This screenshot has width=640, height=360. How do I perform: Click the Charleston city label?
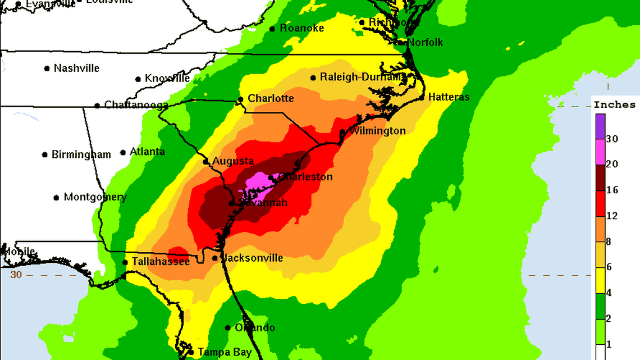[x=306, y=177]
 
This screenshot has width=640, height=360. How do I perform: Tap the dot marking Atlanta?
[x=123, y=153]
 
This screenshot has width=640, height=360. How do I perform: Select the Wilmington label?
[x=377, y=131]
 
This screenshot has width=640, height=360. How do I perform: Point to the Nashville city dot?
[x=47, y=69]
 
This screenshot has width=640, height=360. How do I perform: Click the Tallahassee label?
[x=161, y=262]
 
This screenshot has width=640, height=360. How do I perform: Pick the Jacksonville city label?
[x=252, y=258]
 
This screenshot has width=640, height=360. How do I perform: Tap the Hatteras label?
[x=449, y=97]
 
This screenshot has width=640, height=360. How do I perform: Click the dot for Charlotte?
[x=240, y=99]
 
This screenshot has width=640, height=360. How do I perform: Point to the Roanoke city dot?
[x=272, y=29]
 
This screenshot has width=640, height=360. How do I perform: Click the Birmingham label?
[x=81, y=154]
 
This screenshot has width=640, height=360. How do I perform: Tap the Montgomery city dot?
[x=56, y=198]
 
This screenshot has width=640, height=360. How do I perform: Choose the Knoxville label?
[x=167, y=79]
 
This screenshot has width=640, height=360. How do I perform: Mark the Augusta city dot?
[x=206, y=162]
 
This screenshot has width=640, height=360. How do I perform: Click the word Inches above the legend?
[x=615, y=104]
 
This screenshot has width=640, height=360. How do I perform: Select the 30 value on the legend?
[x=612, y=139]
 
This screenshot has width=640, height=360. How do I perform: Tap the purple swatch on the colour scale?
[x=600, y=126]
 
